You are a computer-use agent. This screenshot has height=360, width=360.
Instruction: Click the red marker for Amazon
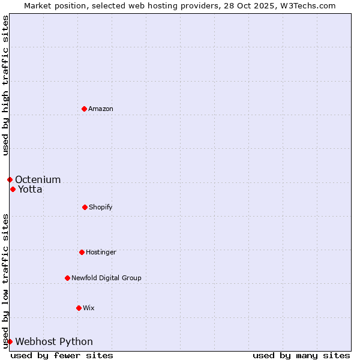tap(84, 109)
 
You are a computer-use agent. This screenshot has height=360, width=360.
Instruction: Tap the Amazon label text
tap(101, 109)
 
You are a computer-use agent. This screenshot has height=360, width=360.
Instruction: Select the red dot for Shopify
tap(85, 207)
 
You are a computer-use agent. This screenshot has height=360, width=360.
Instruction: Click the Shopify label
tap(101, 207)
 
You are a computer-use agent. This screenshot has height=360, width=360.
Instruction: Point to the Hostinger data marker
tap(82, 252)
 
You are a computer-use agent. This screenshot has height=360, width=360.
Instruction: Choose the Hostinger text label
tap(101, 252)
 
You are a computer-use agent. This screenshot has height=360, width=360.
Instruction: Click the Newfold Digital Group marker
tap(67, 278)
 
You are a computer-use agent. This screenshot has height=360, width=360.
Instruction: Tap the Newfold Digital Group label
tap(106, 278)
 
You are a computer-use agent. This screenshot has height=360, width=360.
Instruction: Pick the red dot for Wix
tap(79, 308)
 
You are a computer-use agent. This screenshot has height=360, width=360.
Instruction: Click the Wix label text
tap(89, 308)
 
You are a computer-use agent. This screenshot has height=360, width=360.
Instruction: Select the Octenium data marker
tap(10, 179)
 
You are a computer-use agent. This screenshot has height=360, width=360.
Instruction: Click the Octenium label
tap(38, 179)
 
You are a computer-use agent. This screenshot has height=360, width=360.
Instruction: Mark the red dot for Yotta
tap(13, 189)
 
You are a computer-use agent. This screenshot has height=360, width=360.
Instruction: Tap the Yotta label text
tap(30, 190)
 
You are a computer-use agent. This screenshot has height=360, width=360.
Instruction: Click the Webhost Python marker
tap(10, 341)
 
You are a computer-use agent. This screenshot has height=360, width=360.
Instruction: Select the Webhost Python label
tap(54, 342)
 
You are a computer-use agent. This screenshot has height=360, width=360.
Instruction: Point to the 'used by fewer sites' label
tap(62, 355)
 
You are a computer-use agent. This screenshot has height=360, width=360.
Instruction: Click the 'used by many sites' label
tap(301, 355)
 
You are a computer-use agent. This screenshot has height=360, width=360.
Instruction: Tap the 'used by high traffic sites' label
tap(5, 85)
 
